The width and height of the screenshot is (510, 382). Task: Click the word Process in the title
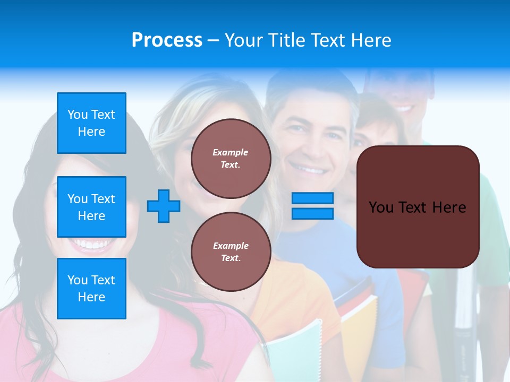(167, 40)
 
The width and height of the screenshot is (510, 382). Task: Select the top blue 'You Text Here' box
(91, 123)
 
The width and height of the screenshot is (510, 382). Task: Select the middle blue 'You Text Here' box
(91, 207)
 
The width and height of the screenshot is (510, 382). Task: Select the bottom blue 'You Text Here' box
(91, 288)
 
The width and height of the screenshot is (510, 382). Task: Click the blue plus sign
(164, 205)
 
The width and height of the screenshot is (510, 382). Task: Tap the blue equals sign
(312, 206)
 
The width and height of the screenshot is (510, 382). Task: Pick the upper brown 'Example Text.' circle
(231, 159)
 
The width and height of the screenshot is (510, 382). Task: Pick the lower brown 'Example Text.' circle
(231, 251)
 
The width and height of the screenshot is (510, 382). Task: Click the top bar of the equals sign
(312, 198)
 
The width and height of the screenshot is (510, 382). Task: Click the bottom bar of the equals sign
(312, 213)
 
